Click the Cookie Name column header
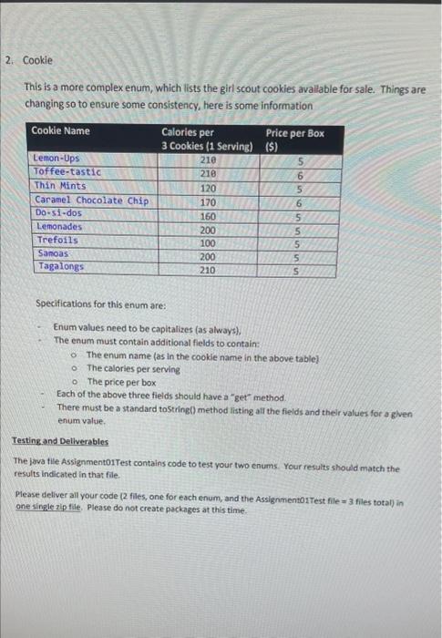pyautogui.click(x=60, y=131)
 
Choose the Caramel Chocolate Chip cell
pyautogui.click(x=91, y=200)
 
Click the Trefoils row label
pyautogui.click(x=57, y=240)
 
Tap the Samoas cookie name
pyautogui.click(x=53, y=252)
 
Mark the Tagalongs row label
pyautogui.click(x=60, y=266)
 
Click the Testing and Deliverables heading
pyautogui.click(x=60, y=440)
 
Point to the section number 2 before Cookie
pyautogui.click(x=7, y=60)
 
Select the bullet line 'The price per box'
pyautogui.click(x=121, y=382)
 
